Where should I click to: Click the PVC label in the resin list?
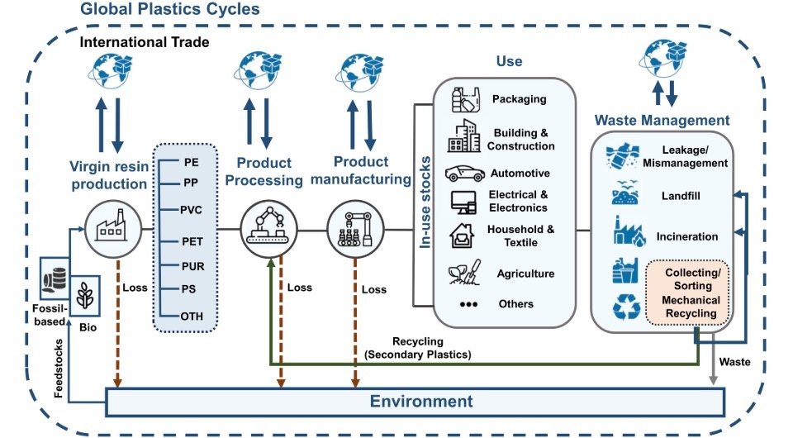click(x=191, y=210)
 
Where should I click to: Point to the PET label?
click(x=192, y=241)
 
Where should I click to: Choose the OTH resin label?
click(x=192, y=316)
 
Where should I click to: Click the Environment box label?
click(x=421, y=402)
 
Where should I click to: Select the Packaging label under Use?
click(x=519, y=99)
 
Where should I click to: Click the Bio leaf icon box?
click(x=84, y=296)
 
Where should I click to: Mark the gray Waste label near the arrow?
click(x=734, y=361)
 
